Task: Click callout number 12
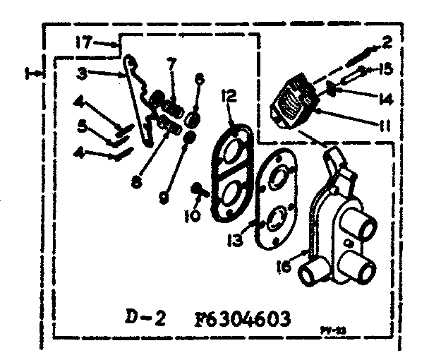(x=226, y=95)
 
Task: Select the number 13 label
(x=236, y=240)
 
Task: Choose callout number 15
(x=386, y=69)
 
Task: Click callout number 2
(x=387, y=42)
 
